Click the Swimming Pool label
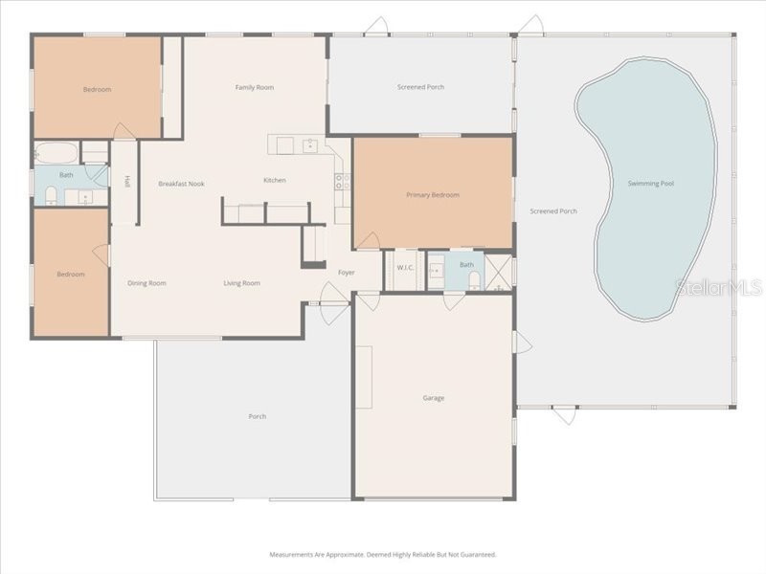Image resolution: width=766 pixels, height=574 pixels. coord(650,183)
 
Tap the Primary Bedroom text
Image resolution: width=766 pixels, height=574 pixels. coord(433,195)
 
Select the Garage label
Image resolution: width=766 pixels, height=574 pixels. coord(433,398)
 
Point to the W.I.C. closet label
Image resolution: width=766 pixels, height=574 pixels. coord(405,268)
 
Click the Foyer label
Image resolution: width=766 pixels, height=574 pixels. coord(346,273)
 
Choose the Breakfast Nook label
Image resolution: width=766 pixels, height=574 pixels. coord(181,184)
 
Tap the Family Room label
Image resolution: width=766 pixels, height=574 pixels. coord(255,87)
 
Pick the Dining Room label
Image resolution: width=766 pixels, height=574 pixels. coord(147,283)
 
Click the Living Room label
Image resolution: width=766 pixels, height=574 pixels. coord(241,283)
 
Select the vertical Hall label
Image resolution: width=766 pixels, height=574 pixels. coord(126,182)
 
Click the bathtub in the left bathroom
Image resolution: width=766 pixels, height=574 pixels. coord(56,152)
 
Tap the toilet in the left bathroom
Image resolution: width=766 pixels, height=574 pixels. coord(51,196)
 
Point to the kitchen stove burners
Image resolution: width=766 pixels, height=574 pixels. coord(340,181)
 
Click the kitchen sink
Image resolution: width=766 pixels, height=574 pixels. coord(309,145)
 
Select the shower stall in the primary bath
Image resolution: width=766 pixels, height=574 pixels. coord(498,272)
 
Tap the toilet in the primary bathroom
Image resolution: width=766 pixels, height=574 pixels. coord(474,279)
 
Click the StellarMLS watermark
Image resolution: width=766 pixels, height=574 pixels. coord(718,287)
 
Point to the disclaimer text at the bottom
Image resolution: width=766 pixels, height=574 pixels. coord(383,554)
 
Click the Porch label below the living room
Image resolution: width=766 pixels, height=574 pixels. coord(257,416)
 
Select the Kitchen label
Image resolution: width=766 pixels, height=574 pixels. coord(275,180)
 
